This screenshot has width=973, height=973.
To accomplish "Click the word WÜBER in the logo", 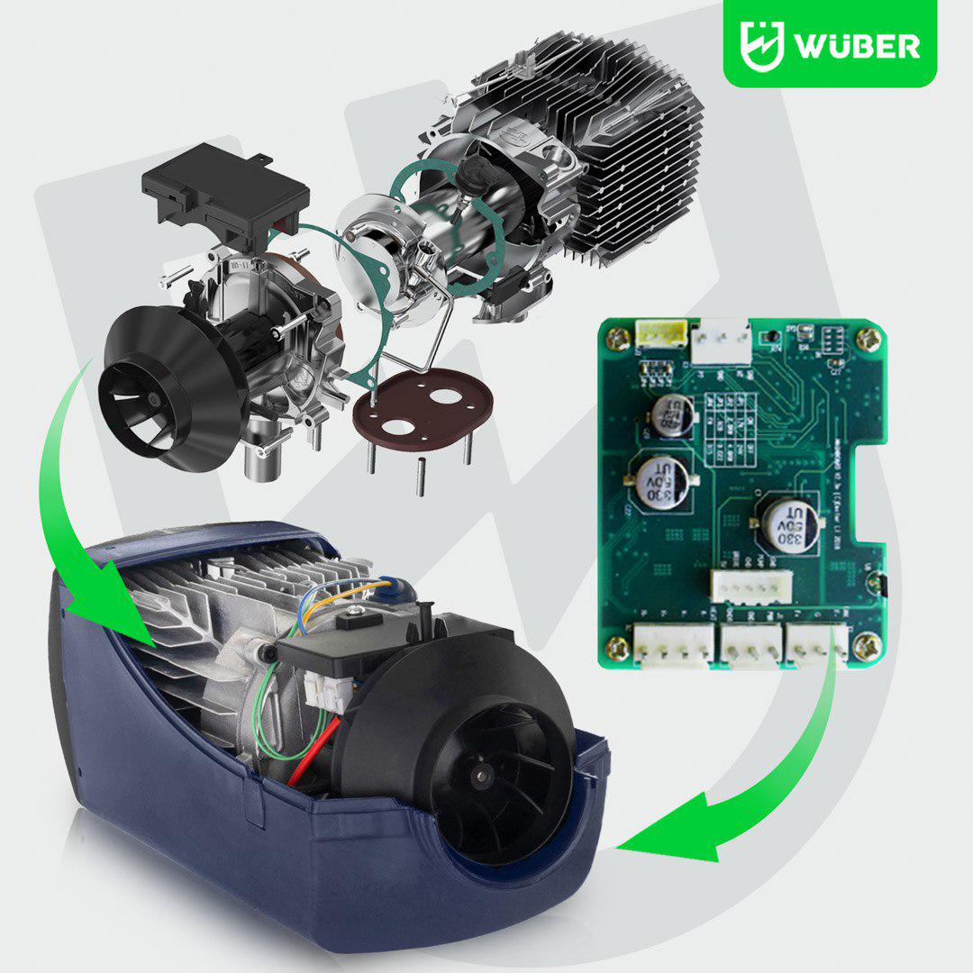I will click(x=856, y=45).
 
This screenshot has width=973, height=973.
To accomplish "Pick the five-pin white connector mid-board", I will click(x=750, y=587).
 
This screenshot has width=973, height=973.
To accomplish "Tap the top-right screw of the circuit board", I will click(x=868, y=340).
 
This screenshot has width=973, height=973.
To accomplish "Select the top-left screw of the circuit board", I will click(x=618, y=339).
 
